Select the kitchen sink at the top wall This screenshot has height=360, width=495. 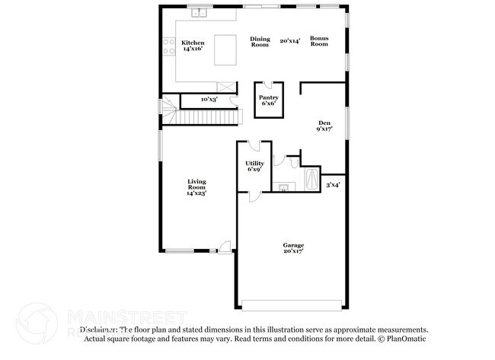click(x=200, y=13)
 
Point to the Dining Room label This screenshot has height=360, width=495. click(x=260, y=42)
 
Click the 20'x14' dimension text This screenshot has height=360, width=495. click(x=289, y=40)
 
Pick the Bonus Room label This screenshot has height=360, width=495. click(x=318, y=42)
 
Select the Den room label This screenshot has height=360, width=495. click(x=324, y=126)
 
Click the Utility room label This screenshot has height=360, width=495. click(x=254, y=166)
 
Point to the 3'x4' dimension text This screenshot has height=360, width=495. click(x=333, y=184)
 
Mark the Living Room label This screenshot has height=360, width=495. click(x=197, y=186)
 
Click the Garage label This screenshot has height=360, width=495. click(x=293, y=247)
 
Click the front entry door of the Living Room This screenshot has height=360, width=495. click(x=223, y=247)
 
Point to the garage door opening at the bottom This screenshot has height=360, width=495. click(x=292, y=307)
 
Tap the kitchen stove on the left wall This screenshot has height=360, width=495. click(x=164, y=49)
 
